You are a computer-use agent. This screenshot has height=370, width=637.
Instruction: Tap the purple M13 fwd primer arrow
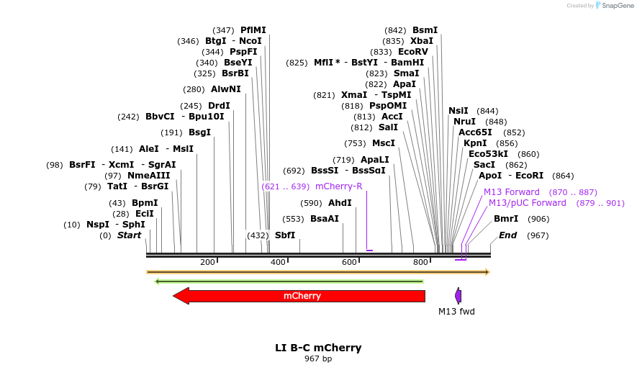(458, 295)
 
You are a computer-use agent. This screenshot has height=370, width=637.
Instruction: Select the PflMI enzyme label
(253, 30)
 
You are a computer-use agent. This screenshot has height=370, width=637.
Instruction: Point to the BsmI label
(425, 30)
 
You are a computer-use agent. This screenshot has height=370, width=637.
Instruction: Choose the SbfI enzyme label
(285, 235)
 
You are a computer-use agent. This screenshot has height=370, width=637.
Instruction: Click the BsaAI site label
(325, 219)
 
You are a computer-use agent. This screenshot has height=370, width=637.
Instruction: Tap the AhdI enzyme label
(340, 203)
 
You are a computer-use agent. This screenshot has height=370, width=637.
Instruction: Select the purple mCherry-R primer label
(339, 186)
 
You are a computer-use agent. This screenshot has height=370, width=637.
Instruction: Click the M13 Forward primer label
(511, 192)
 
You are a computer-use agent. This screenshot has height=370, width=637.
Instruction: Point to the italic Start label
(130, 235)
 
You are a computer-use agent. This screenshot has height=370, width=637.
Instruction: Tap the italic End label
(508, 235)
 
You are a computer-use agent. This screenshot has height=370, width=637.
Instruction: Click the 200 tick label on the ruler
(208, 262)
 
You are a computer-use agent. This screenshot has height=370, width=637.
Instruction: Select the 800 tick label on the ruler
(420, 262)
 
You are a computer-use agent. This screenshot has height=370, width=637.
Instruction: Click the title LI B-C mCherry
(318, 348)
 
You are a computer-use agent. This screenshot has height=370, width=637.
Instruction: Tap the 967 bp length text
(318, 358)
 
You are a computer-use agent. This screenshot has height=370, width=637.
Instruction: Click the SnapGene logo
(611, 5)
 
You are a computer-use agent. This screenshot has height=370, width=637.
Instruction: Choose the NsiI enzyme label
(458, 111)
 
